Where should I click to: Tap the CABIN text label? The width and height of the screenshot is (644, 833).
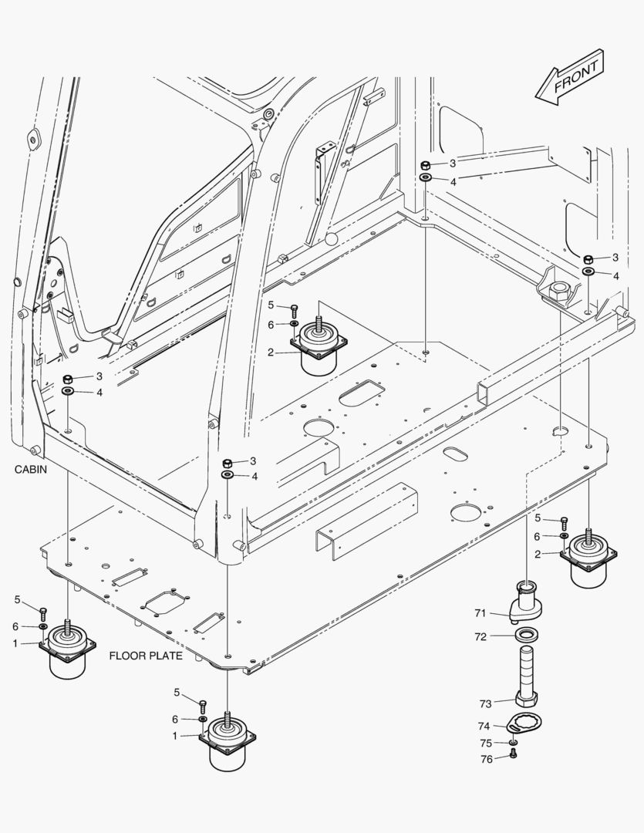tap(30, 469)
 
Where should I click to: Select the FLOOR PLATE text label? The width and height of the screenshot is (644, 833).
tap(146, 656)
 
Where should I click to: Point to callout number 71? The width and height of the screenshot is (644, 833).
tap(480, 613)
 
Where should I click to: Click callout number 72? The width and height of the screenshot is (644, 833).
tap(480, 637)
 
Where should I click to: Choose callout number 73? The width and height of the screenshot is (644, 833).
tap(485, 703)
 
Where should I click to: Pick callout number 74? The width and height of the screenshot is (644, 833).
tap(484, 726)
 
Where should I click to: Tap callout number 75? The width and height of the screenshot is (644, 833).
tap(485, 744)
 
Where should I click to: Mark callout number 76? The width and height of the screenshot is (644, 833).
tap(485, 759)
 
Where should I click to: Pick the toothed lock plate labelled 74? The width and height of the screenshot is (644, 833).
tap(526, 724)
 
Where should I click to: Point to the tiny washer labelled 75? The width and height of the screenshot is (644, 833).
tap(514, 744)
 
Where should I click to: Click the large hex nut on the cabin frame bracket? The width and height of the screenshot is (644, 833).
tap(558, 291)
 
